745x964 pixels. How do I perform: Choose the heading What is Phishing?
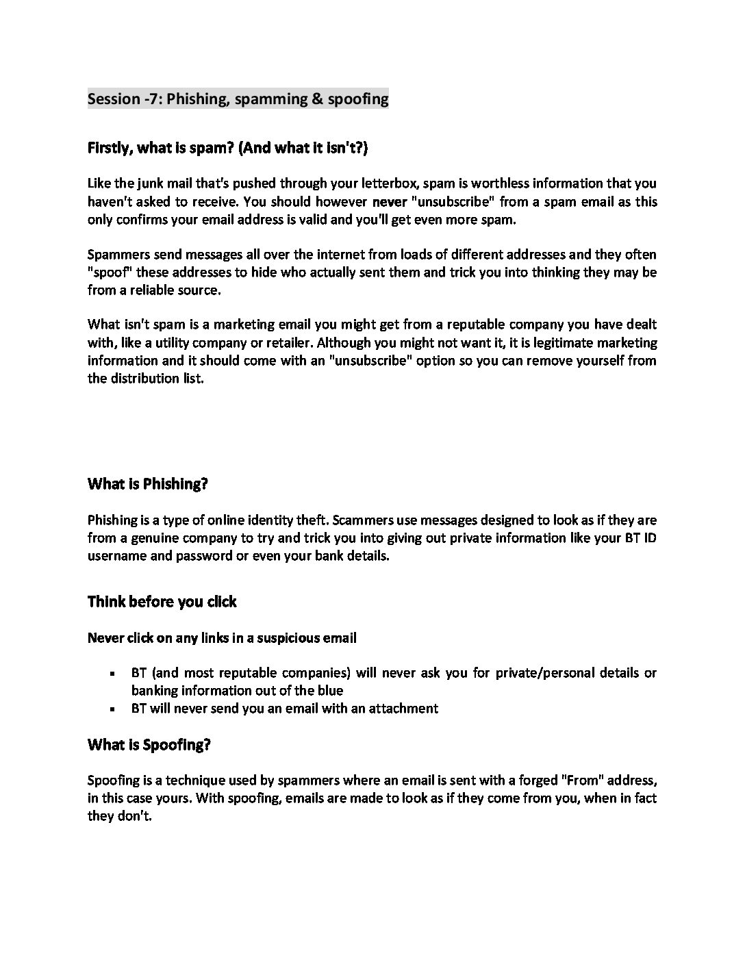click(148, 484)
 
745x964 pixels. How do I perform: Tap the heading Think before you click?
click(162, 602)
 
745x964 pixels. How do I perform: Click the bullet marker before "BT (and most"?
click(110, 674)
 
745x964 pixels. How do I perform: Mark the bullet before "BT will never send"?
click(110, 709)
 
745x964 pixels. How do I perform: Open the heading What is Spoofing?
click(149, 745)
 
